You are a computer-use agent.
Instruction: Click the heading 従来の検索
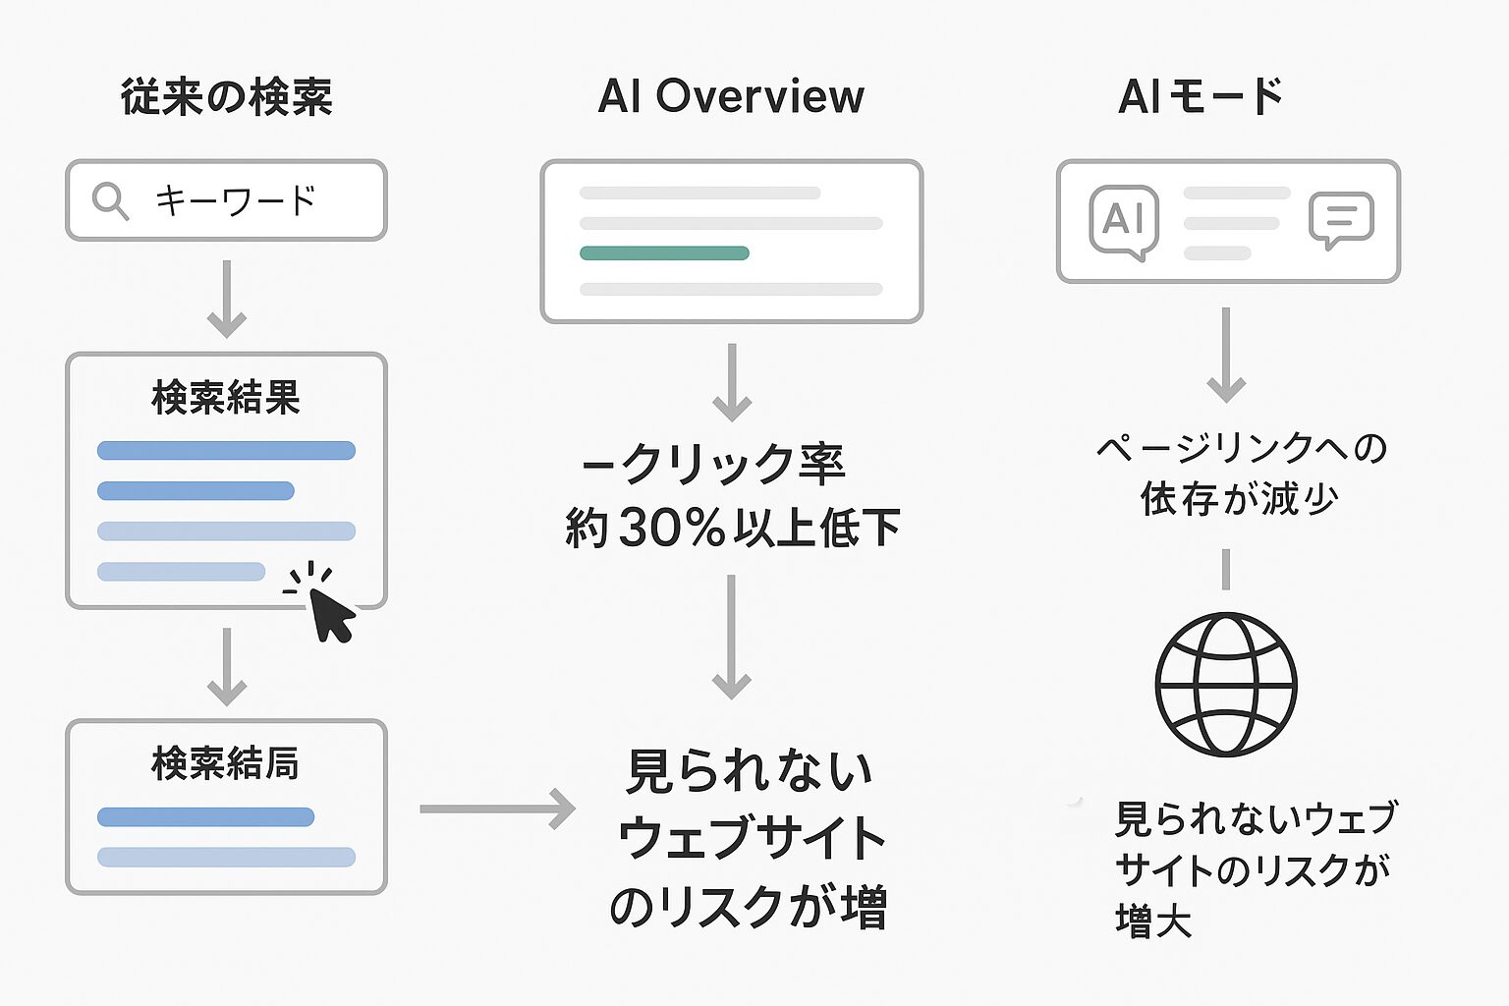click(x=226, y=97)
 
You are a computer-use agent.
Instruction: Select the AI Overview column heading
click(x=731, y=96)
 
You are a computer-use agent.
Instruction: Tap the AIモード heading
click(x=1201, y=96)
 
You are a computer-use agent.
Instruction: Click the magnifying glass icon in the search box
click(x=110, y=201)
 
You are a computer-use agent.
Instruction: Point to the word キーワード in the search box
click(x=236, y=200)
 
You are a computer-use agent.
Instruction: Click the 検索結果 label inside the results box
click(x=226, y=398)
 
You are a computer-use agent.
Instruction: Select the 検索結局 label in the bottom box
click(x=226, y=764)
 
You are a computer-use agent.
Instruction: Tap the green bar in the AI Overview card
click(x=664, y=253)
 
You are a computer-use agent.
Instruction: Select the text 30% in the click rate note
click(x=672, y=528)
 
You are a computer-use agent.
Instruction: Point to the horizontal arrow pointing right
click(x=497, y=809)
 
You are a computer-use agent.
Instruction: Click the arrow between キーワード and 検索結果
click(x=226, y=300)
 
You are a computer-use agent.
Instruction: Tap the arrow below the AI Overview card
click(x=732, y=383)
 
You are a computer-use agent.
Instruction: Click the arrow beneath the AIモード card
click(x=1226, y=355)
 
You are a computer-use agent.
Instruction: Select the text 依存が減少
click(x=1239, y=499)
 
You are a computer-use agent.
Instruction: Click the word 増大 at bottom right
click(x=1153, y=922)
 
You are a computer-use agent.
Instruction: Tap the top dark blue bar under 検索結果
click(x=226, y=450)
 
